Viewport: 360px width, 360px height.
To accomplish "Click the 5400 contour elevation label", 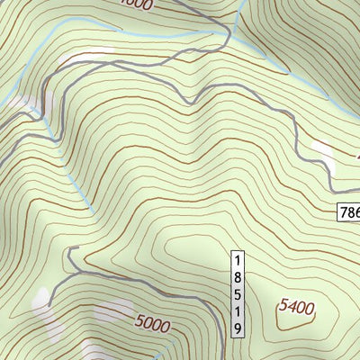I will (x=296, y=308).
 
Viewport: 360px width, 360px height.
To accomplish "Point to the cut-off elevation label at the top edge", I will (x=137, y=4).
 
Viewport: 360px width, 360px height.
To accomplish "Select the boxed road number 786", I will (x=349, y=213).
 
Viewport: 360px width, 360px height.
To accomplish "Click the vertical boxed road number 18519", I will (x=238, y=293).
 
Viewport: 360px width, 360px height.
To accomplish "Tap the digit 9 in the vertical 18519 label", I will (x=238, y=329).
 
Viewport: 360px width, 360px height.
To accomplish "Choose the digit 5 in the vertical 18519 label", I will (x=238, y=294).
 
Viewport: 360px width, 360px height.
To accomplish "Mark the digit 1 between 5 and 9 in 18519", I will (x=238, y=312).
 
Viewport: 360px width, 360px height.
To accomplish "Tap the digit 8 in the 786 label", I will (x=352, y=213).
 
